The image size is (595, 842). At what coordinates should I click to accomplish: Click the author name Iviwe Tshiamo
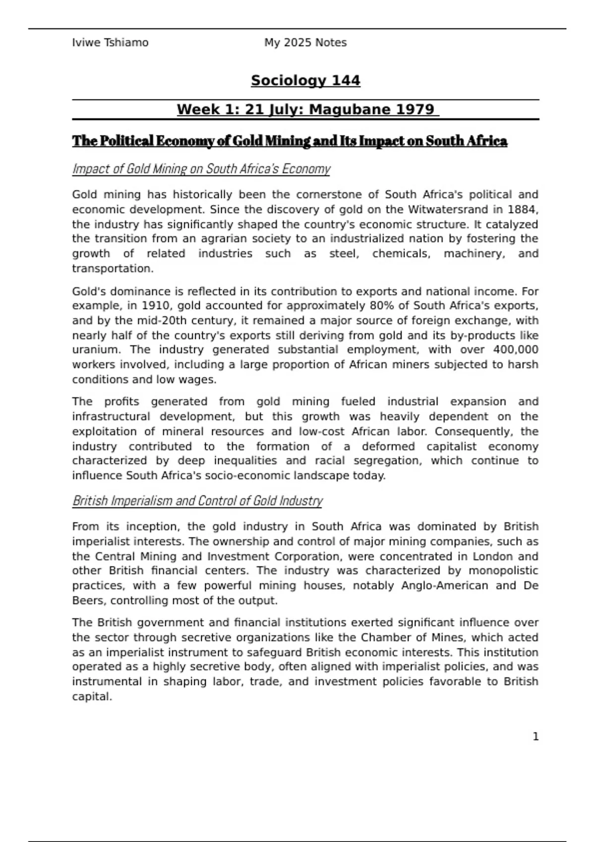110,43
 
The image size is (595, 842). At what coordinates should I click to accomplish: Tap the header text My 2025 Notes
305,43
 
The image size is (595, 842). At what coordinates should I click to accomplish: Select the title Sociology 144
305,80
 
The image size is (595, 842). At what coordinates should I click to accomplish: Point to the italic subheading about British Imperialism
197,501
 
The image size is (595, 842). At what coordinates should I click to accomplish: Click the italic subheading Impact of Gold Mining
201,169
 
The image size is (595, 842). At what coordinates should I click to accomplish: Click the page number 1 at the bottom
535,737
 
